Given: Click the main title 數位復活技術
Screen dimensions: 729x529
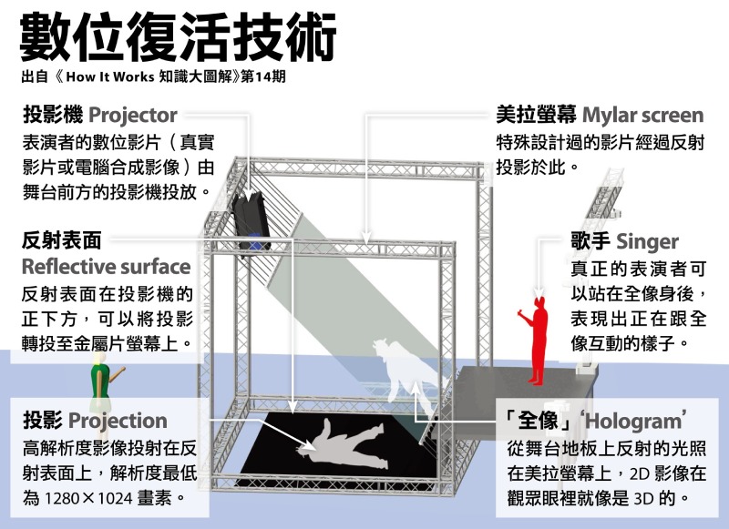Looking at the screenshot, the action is tap(178, 37).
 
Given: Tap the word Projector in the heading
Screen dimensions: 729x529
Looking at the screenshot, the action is tap(133, 116).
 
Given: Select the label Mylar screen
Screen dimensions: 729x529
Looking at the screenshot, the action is tap(643, 116).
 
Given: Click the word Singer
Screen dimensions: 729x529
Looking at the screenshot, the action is tap(647, 241).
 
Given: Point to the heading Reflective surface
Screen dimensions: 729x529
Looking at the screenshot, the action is tap(106, 267).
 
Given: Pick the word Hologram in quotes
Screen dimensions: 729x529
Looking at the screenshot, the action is tap(633, 422).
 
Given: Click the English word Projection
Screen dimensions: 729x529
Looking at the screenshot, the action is tap(118, 422).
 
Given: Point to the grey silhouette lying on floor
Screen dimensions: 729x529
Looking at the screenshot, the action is tap(344, 443).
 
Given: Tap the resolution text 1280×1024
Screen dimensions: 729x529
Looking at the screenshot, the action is tap(88, 498).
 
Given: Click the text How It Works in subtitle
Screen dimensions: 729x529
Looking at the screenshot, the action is tap(109, 77).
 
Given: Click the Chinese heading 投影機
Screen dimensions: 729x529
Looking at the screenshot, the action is tap(53, 115).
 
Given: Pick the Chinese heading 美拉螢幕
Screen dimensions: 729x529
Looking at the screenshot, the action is tap(536, 115).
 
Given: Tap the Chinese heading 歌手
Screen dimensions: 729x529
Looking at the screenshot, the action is tap(590, 241).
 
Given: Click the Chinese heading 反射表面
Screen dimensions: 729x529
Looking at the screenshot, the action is tap(61, 240).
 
